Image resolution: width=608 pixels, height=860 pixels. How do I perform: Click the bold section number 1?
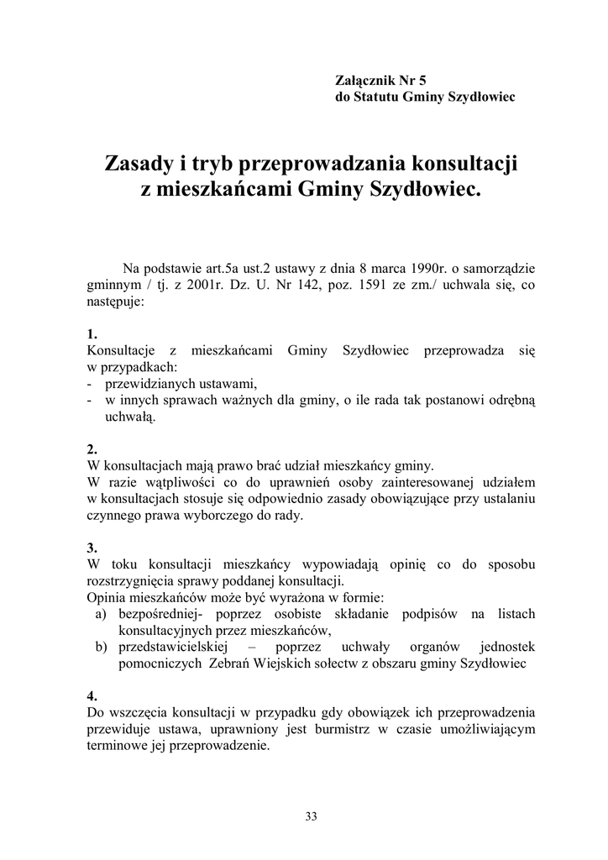click(92, 333)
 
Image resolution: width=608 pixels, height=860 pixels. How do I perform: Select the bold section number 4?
click(92, 696)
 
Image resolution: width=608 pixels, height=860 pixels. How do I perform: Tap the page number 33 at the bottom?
click(311, 815)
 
